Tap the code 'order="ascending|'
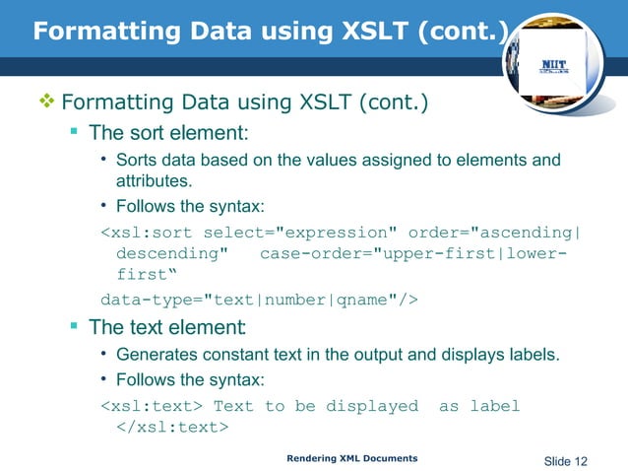tap(495, 233)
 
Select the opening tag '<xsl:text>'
tap(153, 406)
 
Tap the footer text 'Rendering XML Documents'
tap(351, 458)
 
